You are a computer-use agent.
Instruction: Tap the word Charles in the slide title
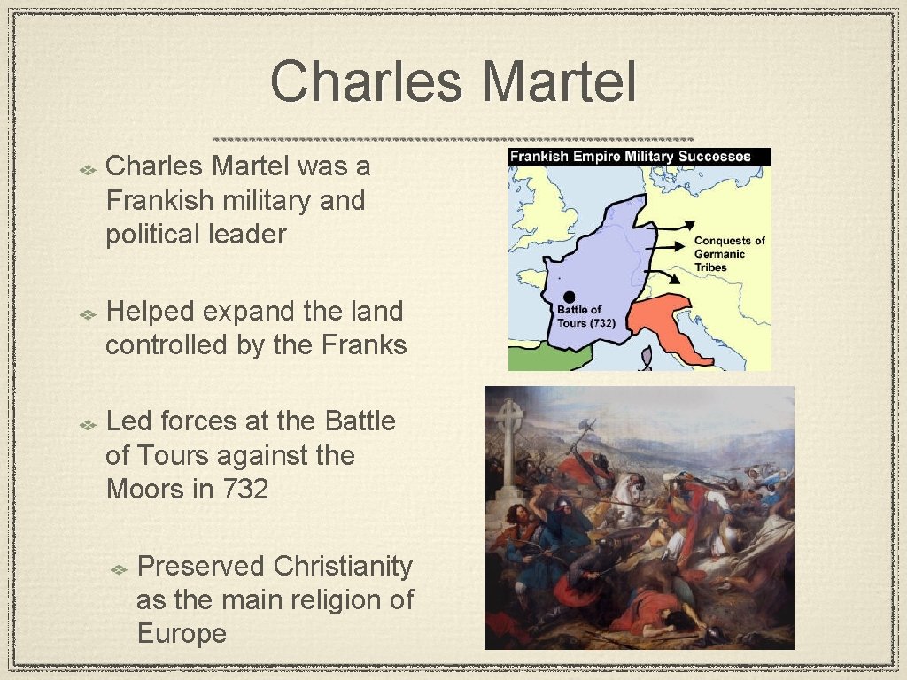coord(364,81)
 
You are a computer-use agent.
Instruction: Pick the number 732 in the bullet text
coord(244,489)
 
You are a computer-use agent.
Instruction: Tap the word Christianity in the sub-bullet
coord(343,565)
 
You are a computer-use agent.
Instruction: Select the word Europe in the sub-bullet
coord(182,633)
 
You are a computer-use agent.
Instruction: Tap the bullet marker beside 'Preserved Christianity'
coord(119,568)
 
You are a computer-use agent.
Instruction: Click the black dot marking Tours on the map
coord(570,297)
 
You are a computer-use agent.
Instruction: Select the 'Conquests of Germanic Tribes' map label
coord(728,253)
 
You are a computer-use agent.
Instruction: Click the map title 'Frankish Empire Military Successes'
coord(630,157)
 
